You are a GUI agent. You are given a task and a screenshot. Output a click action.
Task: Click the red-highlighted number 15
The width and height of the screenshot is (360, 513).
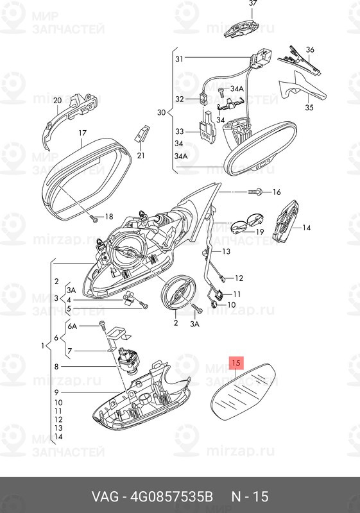(236, 362)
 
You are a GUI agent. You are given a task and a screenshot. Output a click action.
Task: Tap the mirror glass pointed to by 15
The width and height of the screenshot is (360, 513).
(243, 391)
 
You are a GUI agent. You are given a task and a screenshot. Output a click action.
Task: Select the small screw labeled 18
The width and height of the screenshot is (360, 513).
(93, 219)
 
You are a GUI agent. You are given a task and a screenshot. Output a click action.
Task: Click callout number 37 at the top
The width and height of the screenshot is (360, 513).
(253, 3)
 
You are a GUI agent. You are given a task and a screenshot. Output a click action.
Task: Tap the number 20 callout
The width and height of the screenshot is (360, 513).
(57, 100)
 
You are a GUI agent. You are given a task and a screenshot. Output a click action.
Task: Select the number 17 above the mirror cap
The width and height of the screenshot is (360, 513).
(83, 133)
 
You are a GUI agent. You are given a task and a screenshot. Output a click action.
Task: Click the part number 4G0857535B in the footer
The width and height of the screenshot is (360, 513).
(172, 496)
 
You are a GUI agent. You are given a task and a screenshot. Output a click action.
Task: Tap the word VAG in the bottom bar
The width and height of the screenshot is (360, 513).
(105, 496)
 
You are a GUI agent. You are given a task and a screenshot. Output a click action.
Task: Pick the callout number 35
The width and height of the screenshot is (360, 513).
(309, 107)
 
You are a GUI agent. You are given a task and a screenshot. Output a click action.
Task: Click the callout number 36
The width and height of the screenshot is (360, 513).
(310, 50)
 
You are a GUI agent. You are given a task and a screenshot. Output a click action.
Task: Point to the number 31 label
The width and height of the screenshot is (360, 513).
(179, 59)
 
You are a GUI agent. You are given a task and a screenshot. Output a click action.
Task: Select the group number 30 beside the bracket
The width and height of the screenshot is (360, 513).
(161, 113)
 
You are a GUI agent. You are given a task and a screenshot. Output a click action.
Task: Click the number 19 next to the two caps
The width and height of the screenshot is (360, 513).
(259, 232)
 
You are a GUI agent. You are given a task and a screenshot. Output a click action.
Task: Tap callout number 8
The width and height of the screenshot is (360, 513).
(56, 366)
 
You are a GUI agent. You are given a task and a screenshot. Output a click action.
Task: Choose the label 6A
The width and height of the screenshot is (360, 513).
(73, 326)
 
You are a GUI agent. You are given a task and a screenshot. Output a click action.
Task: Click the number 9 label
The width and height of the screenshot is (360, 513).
(56, 392)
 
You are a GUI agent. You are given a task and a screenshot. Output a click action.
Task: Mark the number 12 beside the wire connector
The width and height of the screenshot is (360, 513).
(239, 278)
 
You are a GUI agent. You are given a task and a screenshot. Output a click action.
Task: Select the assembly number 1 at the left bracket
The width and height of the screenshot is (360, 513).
(42, 346)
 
